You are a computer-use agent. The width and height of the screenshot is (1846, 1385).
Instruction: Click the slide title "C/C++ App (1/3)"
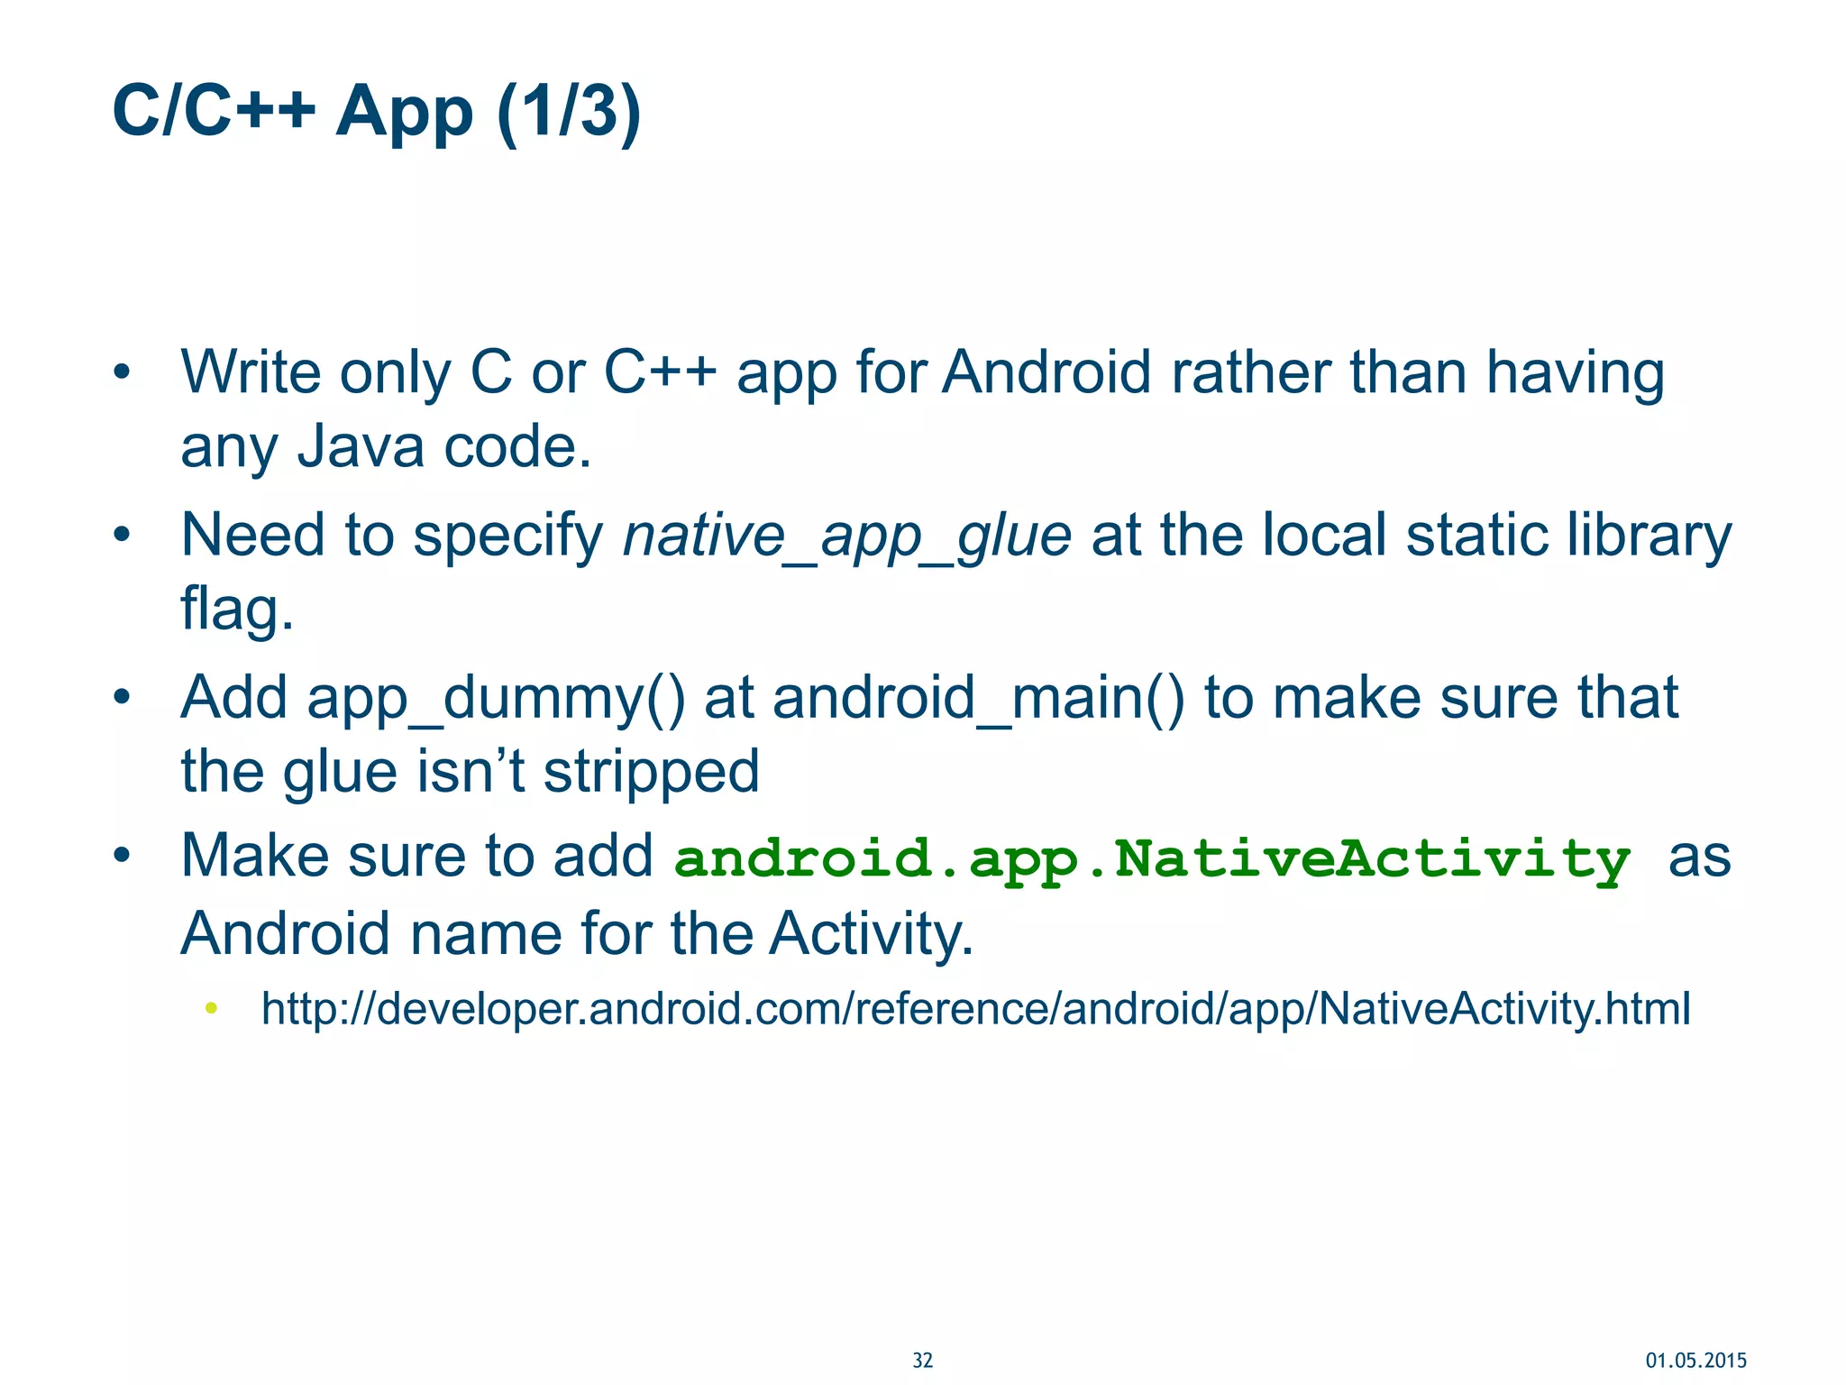[x=376, y=112]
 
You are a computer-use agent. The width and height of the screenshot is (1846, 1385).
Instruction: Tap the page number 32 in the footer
[x=922, y=1361]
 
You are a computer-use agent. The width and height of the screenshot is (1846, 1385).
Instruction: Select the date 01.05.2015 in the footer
[x=1695, y=1361]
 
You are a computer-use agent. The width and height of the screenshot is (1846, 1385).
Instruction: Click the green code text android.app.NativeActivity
[x=1152, y=858]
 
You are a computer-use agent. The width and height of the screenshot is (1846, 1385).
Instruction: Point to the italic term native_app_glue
[x=847, y=536]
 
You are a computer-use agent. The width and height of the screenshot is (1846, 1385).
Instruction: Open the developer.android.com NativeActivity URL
[x=975, y=1008]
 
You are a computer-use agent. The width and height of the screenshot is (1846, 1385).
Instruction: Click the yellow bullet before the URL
[x=211, y=1008]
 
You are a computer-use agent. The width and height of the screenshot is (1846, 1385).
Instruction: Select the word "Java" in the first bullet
[x=361, y=447]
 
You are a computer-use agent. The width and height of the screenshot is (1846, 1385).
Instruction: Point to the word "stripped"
[x=652, y=772]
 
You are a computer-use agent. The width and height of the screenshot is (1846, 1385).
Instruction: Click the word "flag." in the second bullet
[x=237, y=610]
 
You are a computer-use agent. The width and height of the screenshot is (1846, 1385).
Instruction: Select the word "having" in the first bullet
[x=1575, y=373]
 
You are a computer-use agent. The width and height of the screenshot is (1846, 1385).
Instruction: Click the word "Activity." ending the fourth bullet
[x=871, y=933]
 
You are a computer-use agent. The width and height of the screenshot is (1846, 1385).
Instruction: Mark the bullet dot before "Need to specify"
[x=122, y=536]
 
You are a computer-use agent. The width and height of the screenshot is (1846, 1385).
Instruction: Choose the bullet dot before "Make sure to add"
[x=122, y=855]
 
